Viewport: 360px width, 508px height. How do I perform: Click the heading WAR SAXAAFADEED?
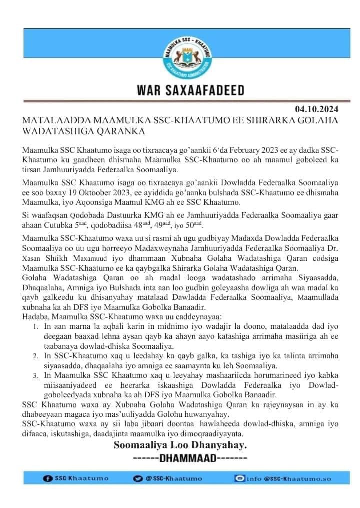click(x=191, y=91)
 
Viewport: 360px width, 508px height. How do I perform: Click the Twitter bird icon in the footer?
click(x=138, y=478)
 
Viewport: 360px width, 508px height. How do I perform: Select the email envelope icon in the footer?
click(x=240, y=478)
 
